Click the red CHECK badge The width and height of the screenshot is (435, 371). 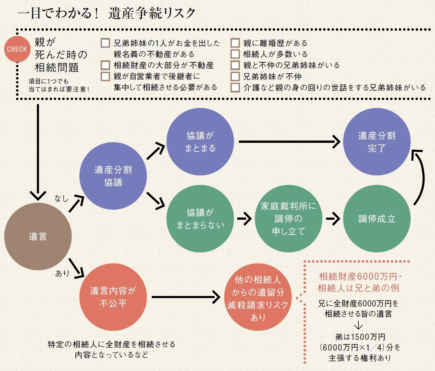[x=17, y=49]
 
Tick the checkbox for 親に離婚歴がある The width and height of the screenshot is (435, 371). [x=235, y=43]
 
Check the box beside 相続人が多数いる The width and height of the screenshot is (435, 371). [x=235, y=54]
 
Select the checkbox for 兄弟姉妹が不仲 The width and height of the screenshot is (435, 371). [x=235, y=77]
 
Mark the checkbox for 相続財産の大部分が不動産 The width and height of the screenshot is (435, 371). [x=105, y=65]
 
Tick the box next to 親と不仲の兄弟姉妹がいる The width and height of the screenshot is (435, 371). [x=235, y=65]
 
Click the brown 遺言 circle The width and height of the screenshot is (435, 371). [x=38, y=236]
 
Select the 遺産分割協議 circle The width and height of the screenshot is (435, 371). [x=113, y=176]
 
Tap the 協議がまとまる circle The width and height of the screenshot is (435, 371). [x=200, y=142]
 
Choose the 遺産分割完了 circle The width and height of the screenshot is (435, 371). [x=377, y=142]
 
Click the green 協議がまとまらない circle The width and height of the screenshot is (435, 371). [x=200, y=219]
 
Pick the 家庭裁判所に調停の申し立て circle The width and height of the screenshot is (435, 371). [x=289, y=219]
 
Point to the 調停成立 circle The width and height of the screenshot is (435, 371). [x=377, y=219]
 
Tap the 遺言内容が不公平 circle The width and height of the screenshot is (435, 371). [x=113, y=297]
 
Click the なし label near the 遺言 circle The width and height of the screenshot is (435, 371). [x=61, y=198]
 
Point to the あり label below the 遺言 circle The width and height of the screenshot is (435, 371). [x=62, y=273]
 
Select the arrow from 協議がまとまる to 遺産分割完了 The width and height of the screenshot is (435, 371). [x=289, y=142]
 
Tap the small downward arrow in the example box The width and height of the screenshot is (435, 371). [x=358, y=325]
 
